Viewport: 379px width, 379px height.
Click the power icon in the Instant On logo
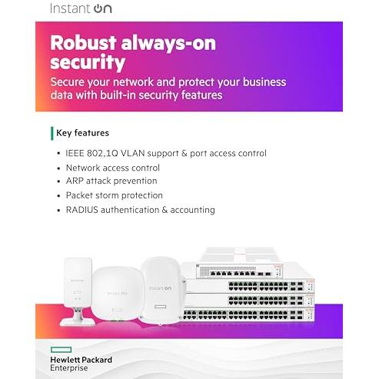pos(99,9)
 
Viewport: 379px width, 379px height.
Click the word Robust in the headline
pos(83,42)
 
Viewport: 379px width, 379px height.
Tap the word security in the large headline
pos(88,63)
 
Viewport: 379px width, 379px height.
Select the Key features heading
pos(82,133)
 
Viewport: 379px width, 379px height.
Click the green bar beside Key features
pos(52,133)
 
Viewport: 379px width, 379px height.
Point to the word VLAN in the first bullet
pos(132,153)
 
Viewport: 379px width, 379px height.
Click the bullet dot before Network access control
pos(58,168)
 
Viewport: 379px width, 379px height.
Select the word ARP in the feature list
pos(75,181)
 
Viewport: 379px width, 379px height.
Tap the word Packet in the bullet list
pos(81,195)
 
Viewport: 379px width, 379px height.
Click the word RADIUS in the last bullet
pos(82,210)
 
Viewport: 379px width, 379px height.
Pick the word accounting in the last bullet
pos(192,211)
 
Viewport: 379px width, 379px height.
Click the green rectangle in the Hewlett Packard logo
pos(61,350)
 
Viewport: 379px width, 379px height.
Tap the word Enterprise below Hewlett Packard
pos(69,368)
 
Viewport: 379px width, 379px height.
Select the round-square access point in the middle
pos(118,294)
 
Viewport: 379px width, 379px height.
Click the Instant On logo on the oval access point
pos(160,288)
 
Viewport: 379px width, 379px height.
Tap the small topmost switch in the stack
pos(239,271)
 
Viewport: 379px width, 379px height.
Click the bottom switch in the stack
pos(248,314)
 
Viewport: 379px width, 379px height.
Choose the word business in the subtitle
pos(264,82)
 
